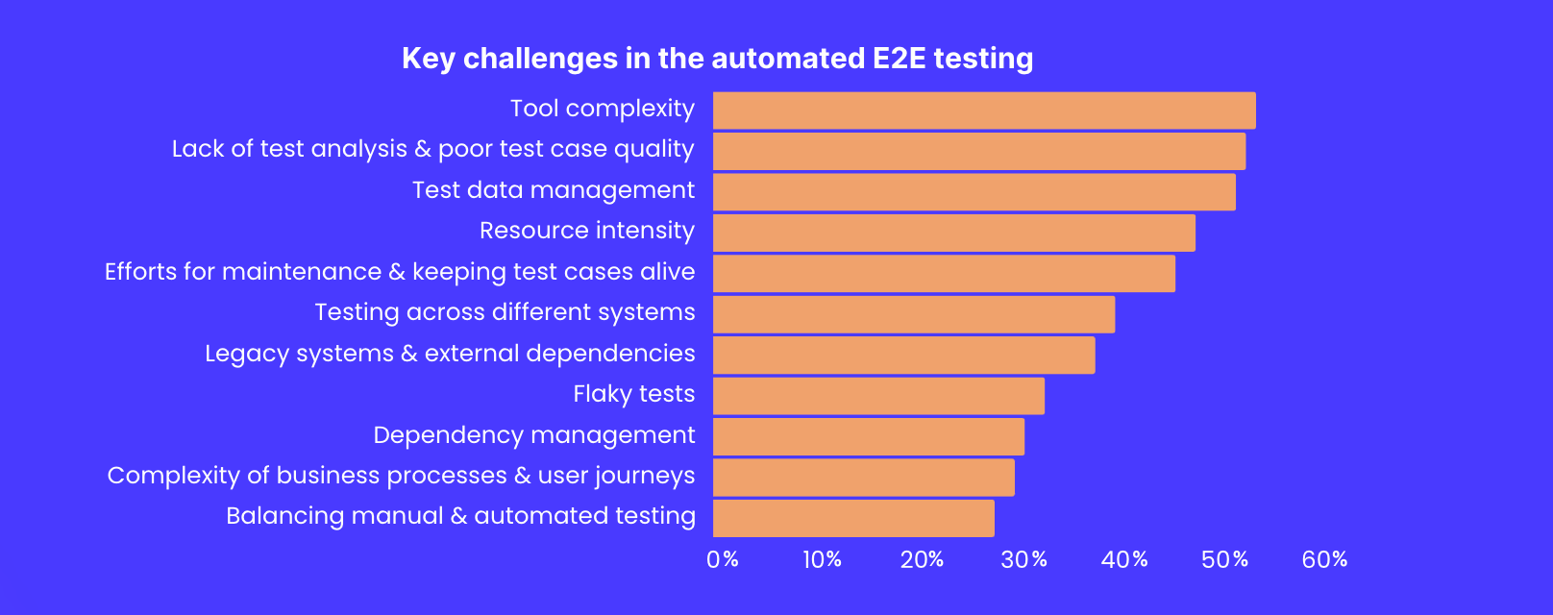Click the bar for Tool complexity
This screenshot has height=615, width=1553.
click(x=984, y=111)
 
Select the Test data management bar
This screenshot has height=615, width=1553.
click(x=974, y=192)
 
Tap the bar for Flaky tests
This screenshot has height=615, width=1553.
click(x=878, y=396)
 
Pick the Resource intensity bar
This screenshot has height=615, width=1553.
click(x=953, y=233)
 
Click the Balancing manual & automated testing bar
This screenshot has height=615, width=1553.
click(x=853, y=518)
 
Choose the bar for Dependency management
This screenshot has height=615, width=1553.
click(x=868, y=436)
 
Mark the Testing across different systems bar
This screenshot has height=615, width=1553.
click(x=913, y=314)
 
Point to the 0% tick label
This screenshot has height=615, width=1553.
click(x=722, y=559)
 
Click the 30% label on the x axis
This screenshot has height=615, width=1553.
click(x=1023, y=559)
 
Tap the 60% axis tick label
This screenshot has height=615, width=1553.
click(x=1324, y=559)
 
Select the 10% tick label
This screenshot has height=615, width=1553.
click(x=822, y=559)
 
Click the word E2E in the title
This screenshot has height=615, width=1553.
click(x=899, y=59)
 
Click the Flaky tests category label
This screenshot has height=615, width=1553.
click(x=633, y=394)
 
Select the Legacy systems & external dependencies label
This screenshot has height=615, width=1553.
click(x=450, y=354)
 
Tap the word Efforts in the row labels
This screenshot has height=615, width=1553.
click(x=140, y=272)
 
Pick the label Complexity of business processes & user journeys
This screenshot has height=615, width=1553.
click(x=401, y=476)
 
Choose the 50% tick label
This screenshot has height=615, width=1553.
click(x=1224, y=559)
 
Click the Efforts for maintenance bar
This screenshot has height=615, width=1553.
click(x=944, y=274)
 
